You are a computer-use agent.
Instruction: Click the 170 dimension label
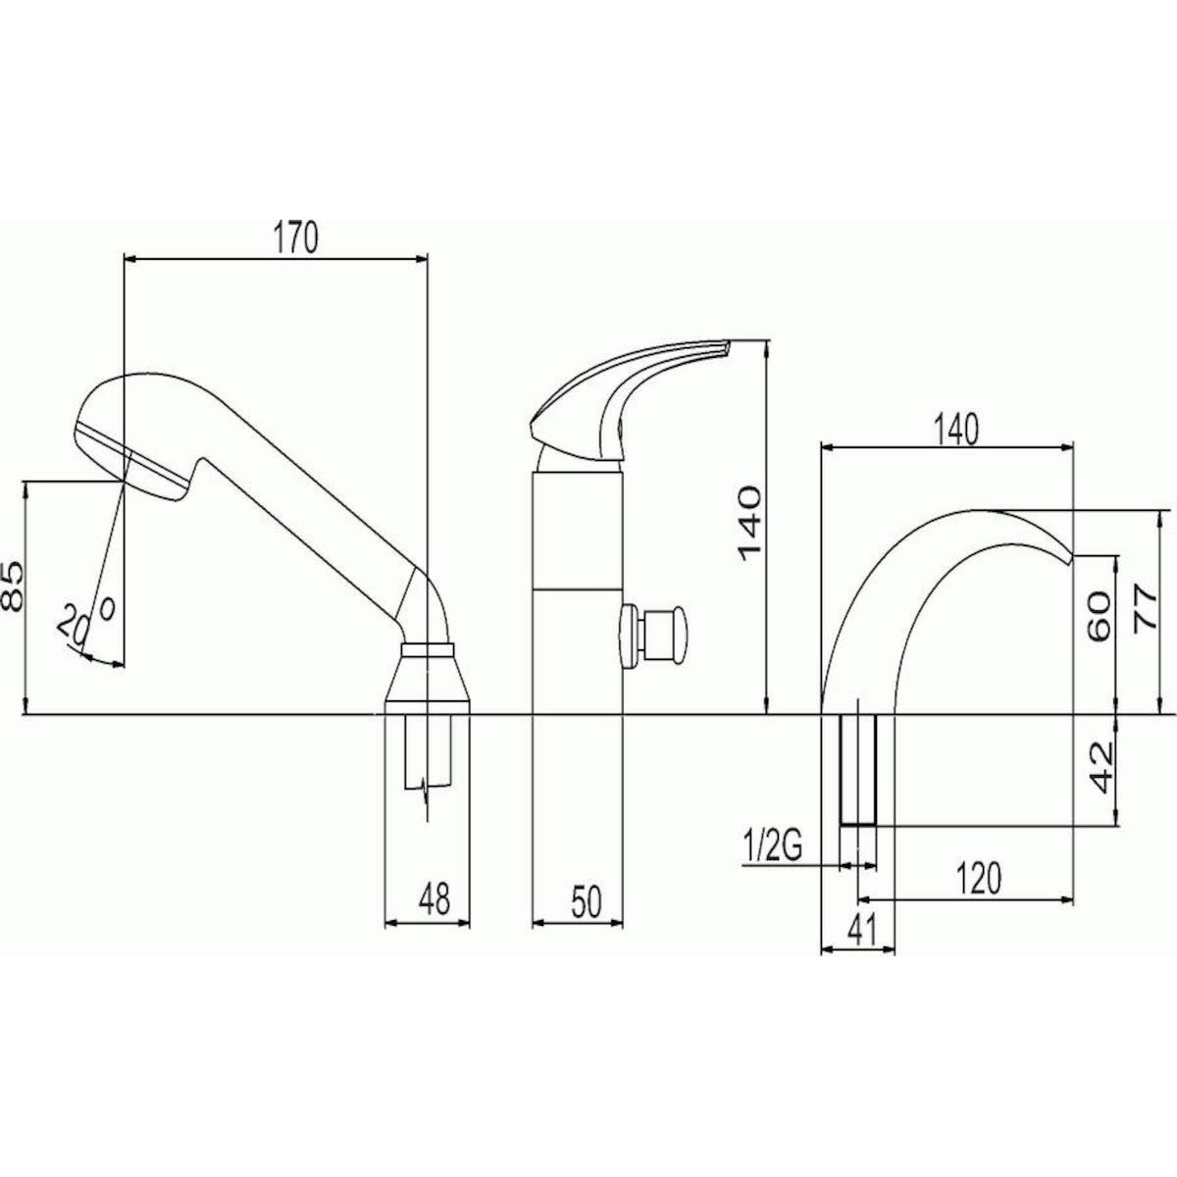point(295,238)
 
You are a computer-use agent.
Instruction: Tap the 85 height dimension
point(14,587)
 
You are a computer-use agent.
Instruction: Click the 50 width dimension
point(586,901)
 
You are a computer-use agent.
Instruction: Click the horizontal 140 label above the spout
point(956,430)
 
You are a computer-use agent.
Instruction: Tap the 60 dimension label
point(1099,615)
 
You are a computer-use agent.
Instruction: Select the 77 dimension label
point(1143,609)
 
